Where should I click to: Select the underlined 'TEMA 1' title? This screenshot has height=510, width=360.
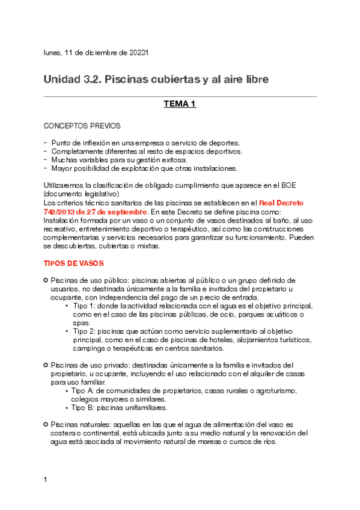(x=180, y=105)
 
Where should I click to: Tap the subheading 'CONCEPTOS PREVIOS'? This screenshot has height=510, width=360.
(x=82, y=126)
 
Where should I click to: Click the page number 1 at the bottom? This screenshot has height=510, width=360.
(x=46, y=480)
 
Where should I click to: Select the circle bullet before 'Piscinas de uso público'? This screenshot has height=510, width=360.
(x=46, y=280)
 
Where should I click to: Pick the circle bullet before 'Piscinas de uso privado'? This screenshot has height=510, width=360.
(x=46, y=364)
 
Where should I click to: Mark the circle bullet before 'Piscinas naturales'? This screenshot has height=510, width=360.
(x=46, y=425)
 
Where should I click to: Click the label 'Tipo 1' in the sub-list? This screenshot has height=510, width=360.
(x=82, y=306)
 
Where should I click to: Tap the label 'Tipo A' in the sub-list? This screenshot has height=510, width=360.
(x=83, y=390)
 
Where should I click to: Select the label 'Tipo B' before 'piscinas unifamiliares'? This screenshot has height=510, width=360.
(x=82, y=407)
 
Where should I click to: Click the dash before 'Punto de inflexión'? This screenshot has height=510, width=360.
(x=46, y=143)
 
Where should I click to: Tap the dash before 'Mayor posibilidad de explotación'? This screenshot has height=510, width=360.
(x=46, y=168)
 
